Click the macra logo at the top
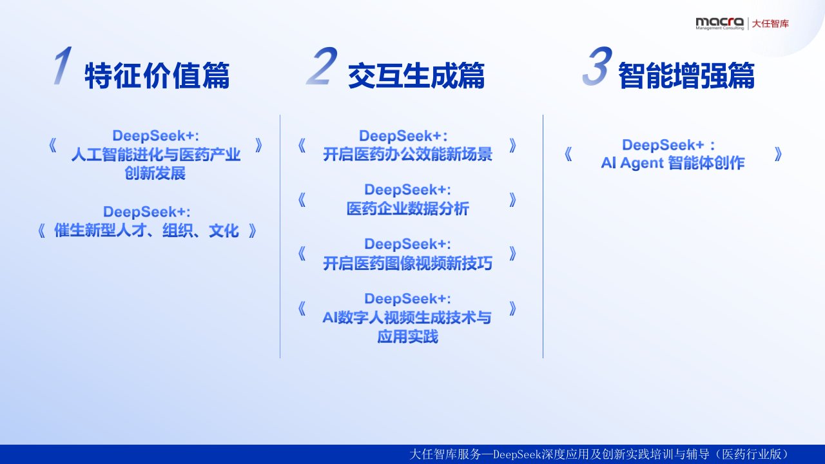point(720,23)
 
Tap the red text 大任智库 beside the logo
point(770,24)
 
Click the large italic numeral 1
point(63,66)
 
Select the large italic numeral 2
point(322,66)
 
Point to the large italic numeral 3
point(597,66)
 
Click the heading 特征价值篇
point(157,75)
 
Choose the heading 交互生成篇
point(416,75)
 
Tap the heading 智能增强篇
point(686,75)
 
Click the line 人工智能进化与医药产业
point(155,154)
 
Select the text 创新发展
point(155,173)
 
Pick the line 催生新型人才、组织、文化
point(146,231)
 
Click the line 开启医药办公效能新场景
point(407,154)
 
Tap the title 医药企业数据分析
point(408,208)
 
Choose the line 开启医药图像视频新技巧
point(407,263)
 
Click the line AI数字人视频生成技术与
point(407,318)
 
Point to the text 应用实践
point(407,336)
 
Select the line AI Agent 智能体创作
point(672,163)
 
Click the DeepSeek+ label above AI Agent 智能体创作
point(668,145)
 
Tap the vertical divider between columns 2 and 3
point(543,237)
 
